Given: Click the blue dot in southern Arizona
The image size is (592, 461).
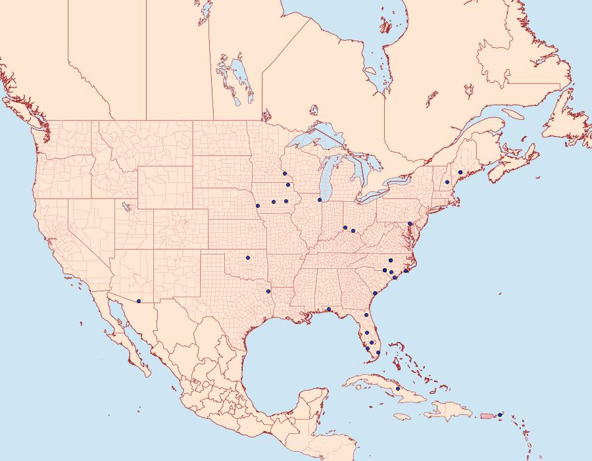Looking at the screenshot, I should [x=139, y=301].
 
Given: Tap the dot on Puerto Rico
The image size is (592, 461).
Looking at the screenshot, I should [x=500, y=414].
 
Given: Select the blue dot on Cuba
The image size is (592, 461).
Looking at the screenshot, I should [x=398, y=389].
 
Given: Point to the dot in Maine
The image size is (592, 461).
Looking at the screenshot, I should [x=460, y=172].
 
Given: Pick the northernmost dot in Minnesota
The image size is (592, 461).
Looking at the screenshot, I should [x=285, y=174].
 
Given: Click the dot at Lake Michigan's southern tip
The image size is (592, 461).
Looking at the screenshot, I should [x=320, y=200].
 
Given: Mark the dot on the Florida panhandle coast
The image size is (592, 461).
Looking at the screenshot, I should [x=328, y=309].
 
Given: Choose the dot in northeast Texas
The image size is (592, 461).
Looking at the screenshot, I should [x=268, y=291].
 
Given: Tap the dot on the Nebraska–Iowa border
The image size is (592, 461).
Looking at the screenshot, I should [x=258, y=206].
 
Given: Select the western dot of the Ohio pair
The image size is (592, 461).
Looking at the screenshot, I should [x=345, y=228].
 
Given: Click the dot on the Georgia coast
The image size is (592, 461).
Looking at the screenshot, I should [x=374, y=293].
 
